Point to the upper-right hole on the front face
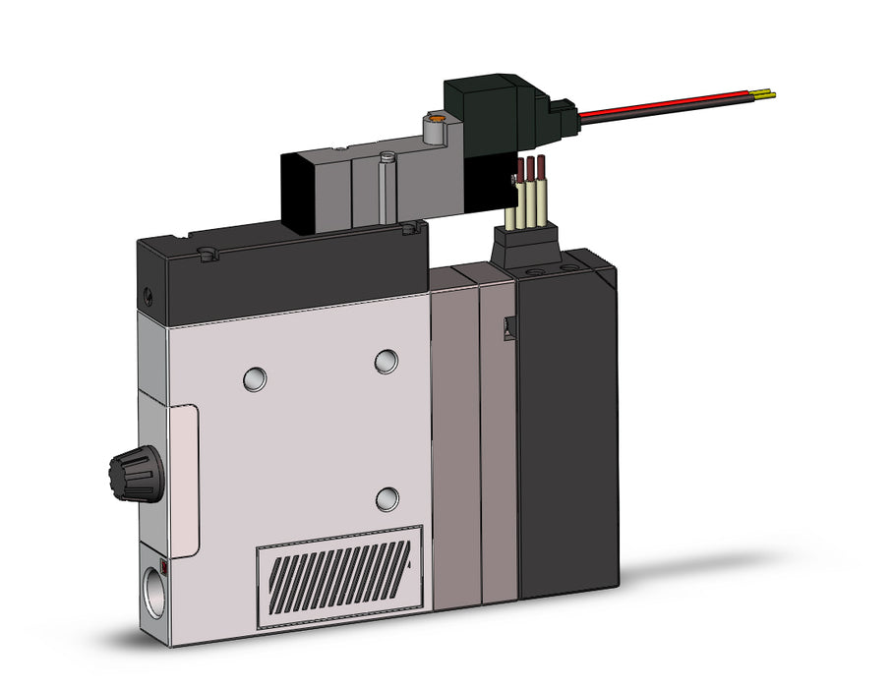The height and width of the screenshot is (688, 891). coord(386,362)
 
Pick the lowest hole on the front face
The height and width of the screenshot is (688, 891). coord(388,497)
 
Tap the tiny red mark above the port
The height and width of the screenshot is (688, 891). coord(163,567)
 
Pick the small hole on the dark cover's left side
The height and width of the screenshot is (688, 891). coord(147,293)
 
